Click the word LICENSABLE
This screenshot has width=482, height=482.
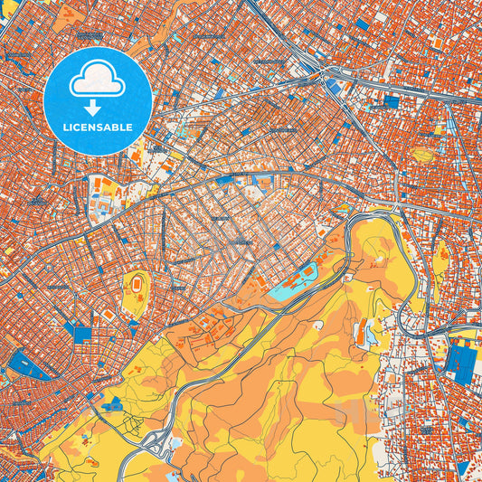[98, 128]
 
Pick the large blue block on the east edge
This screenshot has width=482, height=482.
[458, 360]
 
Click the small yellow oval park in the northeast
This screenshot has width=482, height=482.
[422, 154]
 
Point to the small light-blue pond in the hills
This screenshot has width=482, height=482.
[372, 336]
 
